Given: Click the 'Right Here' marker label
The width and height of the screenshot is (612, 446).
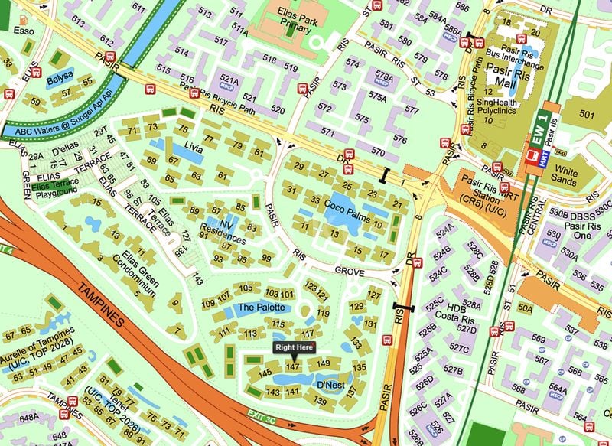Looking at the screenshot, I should click(x=294, y=347).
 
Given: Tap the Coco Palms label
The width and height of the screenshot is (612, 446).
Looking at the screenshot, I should click(x=347, y=206).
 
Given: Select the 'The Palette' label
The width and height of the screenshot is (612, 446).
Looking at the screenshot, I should click(x=261, y=307).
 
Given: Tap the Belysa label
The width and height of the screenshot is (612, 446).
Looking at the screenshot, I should click(x=61, y=77).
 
